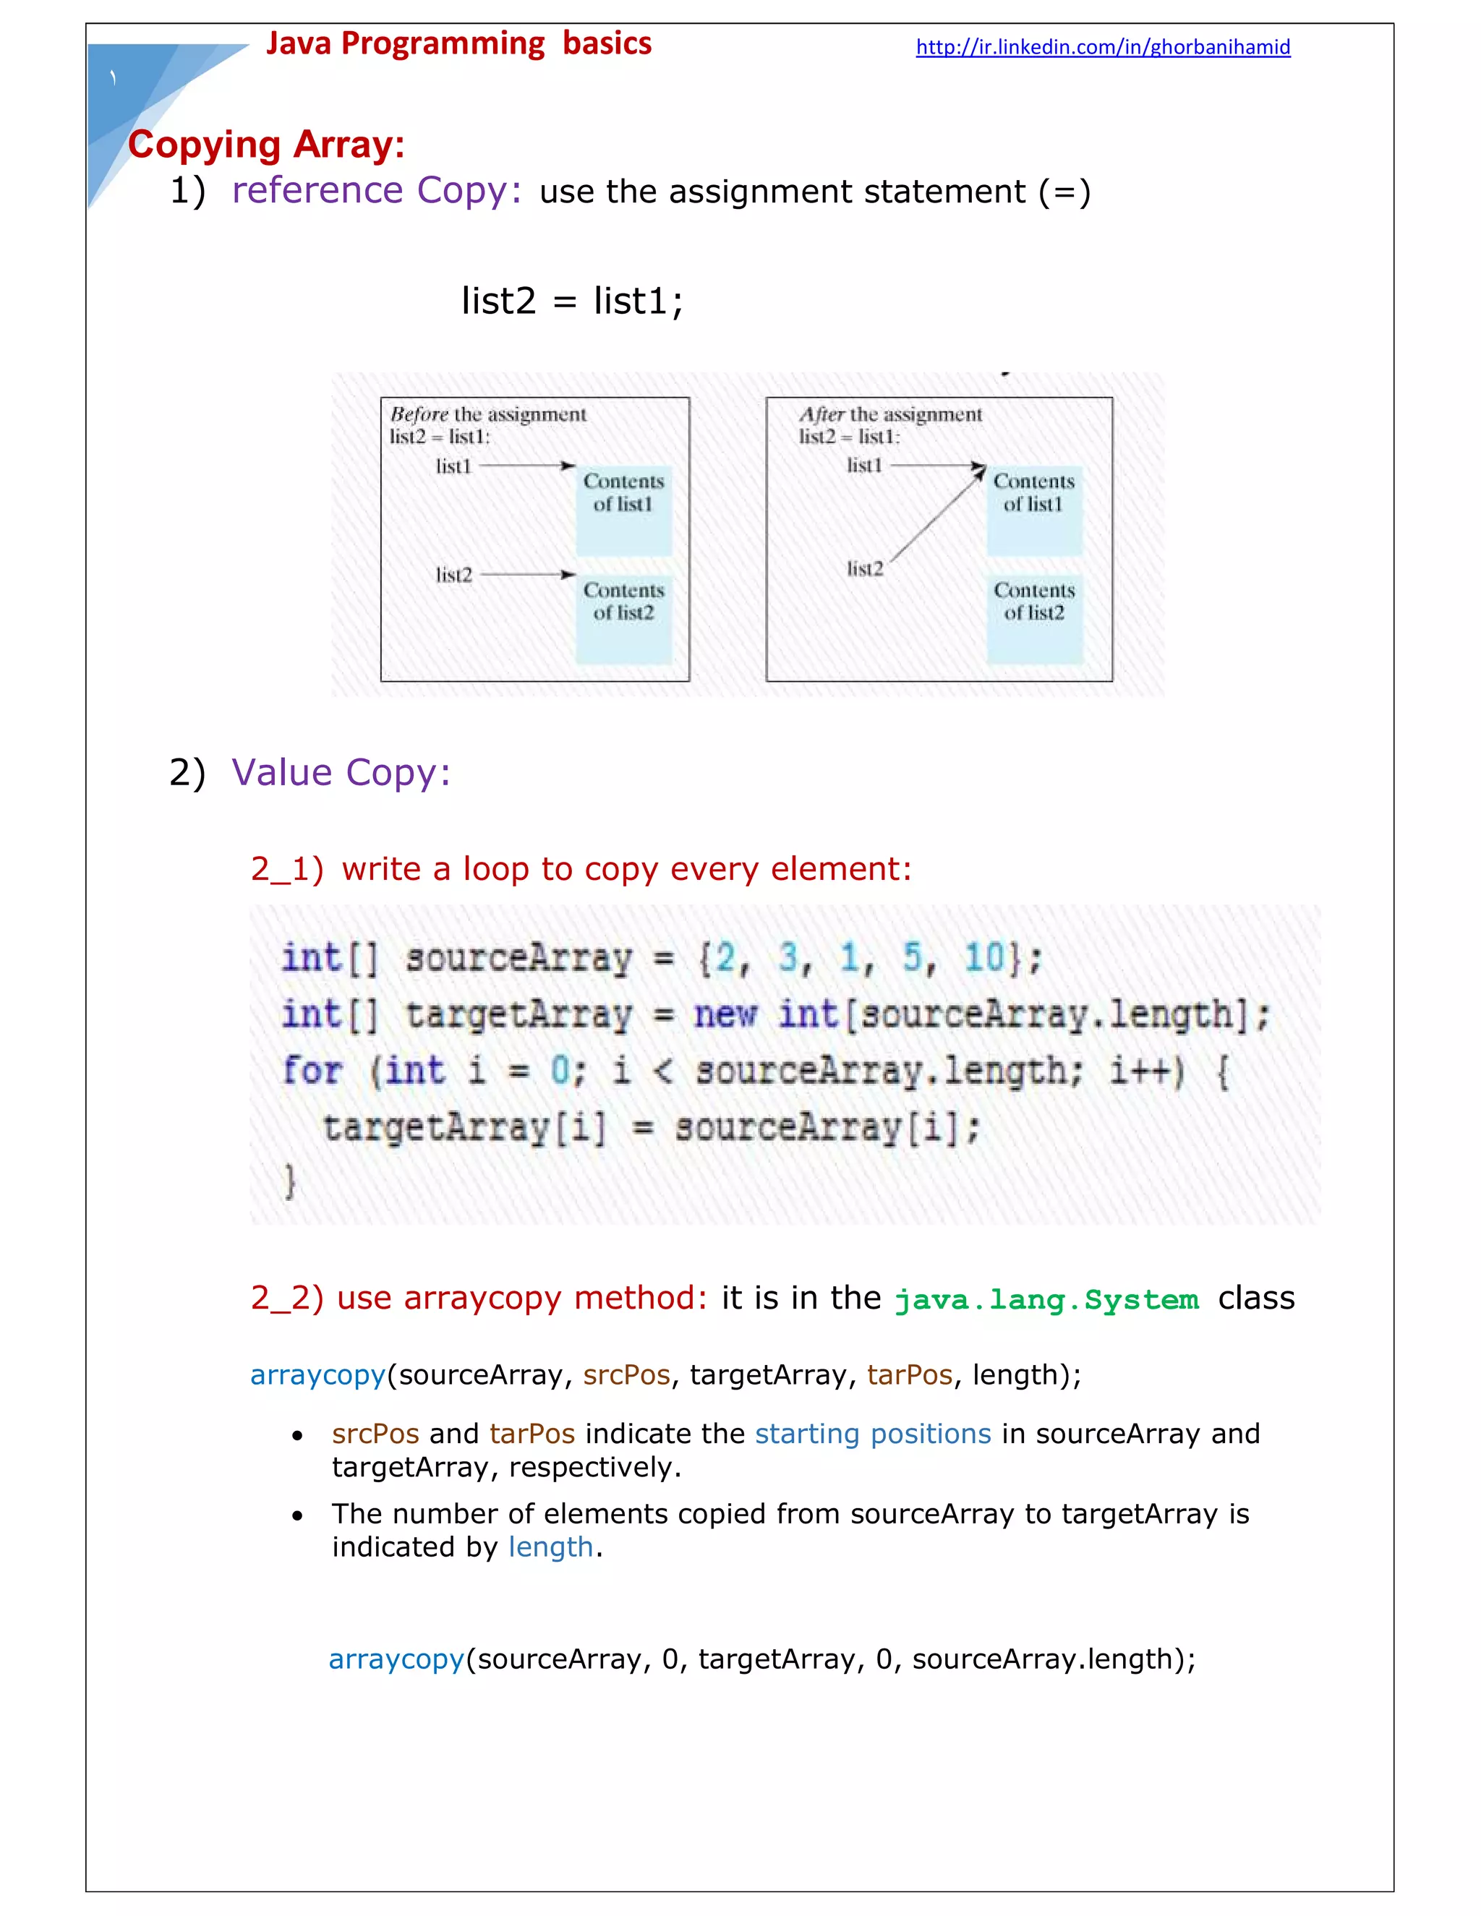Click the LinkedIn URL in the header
[1102, 48]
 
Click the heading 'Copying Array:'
[266, 145]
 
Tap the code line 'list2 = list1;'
[572, 301]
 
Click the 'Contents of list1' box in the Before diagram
[624, 510]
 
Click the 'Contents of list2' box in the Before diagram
[624, 618]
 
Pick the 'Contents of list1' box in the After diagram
[1033, 510]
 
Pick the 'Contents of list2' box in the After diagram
[1033, 618]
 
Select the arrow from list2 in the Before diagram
[527, 575]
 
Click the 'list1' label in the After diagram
[864, 466]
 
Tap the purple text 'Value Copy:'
[341, 773]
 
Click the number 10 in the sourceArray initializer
[984, 957]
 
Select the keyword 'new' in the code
[725, 1015]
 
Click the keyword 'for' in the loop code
[312, 1072]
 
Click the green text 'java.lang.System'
[1046, 1299]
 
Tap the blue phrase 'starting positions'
[872, 1434]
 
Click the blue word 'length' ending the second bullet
[550, 1547]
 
